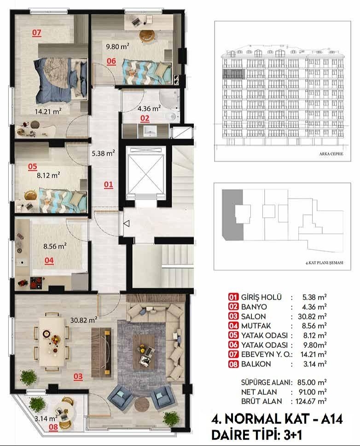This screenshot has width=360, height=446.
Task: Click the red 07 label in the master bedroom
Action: [37, 32]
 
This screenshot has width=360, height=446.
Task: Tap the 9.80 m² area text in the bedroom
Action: [117, 46]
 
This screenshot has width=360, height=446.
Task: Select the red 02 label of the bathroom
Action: [145, 118]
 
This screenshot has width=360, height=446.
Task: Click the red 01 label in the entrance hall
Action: [108, 185]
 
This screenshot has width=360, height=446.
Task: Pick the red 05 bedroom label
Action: [32, 166]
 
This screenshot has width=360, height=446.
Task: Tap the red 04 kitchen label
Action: [49, 260]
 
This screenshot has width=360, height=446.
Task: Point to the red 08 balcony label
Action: [53, 427]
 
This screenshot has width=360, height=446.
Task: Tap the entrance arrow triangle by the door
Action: [127, 224]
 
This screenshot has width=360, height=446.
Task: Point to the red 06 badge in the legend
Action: [234, 345]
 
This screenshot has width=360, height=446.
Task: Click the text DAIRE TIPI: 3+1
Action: [256, 434]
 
